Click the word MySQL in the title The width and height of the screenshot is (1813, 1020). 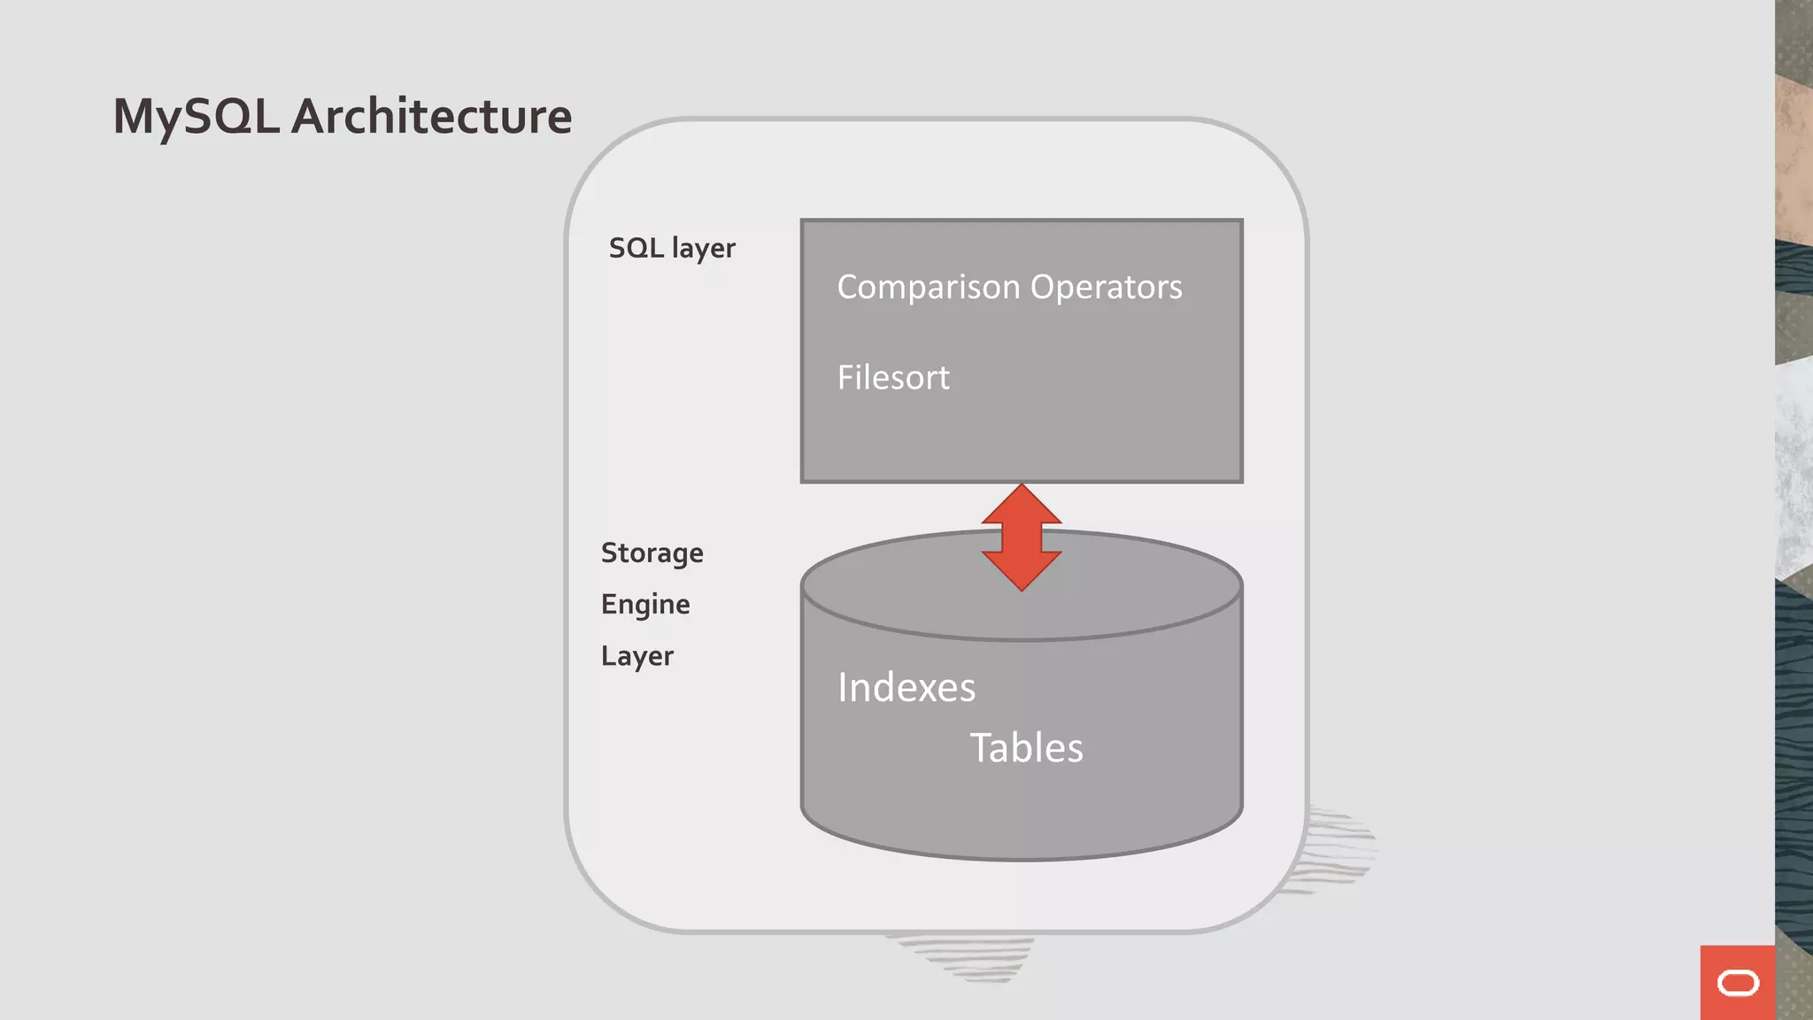coord(196,117)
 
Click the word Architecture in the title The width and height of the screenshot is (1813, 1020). coord(431,117)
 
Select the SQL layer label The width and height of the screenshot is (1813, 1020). coord(672,248)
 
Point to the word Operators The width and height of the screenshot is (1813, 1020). coord(1106,287)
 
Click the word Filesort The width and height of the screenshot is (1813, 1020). coord(893,378)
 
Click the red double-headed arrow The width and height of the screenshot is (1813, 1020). coord(1022,537)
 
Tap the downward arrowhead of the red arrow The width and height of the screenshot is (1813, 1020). coord(1022,571)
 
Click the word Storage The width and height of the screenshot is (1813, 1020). coord(652,553)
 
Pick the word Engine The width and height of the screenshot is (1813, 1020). coord(645,605)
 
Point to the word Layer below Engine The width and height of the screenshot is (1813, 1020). coord(636,656)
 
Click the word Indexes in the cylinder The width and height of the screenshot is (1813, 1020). coord(906,688)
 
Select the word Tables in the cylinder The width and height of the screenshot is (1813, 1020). coord(1026,748)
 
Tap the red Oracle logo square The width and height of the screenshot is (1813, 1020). coord(1737,982)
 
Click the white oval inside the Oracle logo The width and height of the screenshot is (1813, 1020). coord(1738,983)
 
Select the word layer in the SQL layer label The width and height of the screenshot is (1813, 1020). coord(703,249)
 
